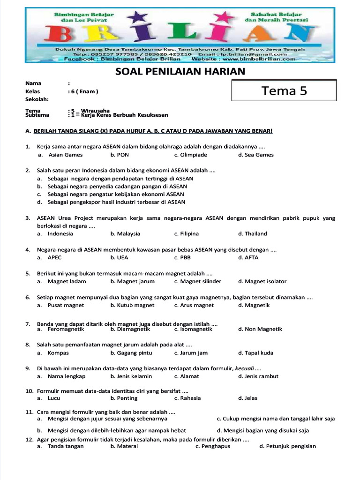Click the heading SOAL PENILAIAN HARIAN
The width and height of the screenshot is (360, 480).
point(180,71)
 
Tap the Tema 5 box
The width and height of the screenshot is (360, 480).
point(284,90)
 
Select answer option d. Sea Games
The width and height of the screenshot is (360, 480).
point(255,155)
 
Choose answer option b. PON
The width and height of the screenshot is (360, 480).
point(120,155)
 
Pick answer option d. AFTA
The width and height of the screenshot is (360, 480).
point(248,257)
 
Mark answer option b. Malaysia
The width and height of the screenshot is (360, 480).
point(125,233)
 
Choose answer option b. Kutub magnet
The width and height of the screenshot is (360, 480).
point(132,305)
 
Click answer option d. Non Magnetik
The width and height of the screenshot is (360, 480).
point(260,329)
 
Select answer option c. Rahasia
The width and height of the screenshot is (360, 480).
point(187,398)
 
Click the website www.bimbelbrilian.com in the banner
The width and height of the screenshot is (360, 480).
point(259,59)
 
